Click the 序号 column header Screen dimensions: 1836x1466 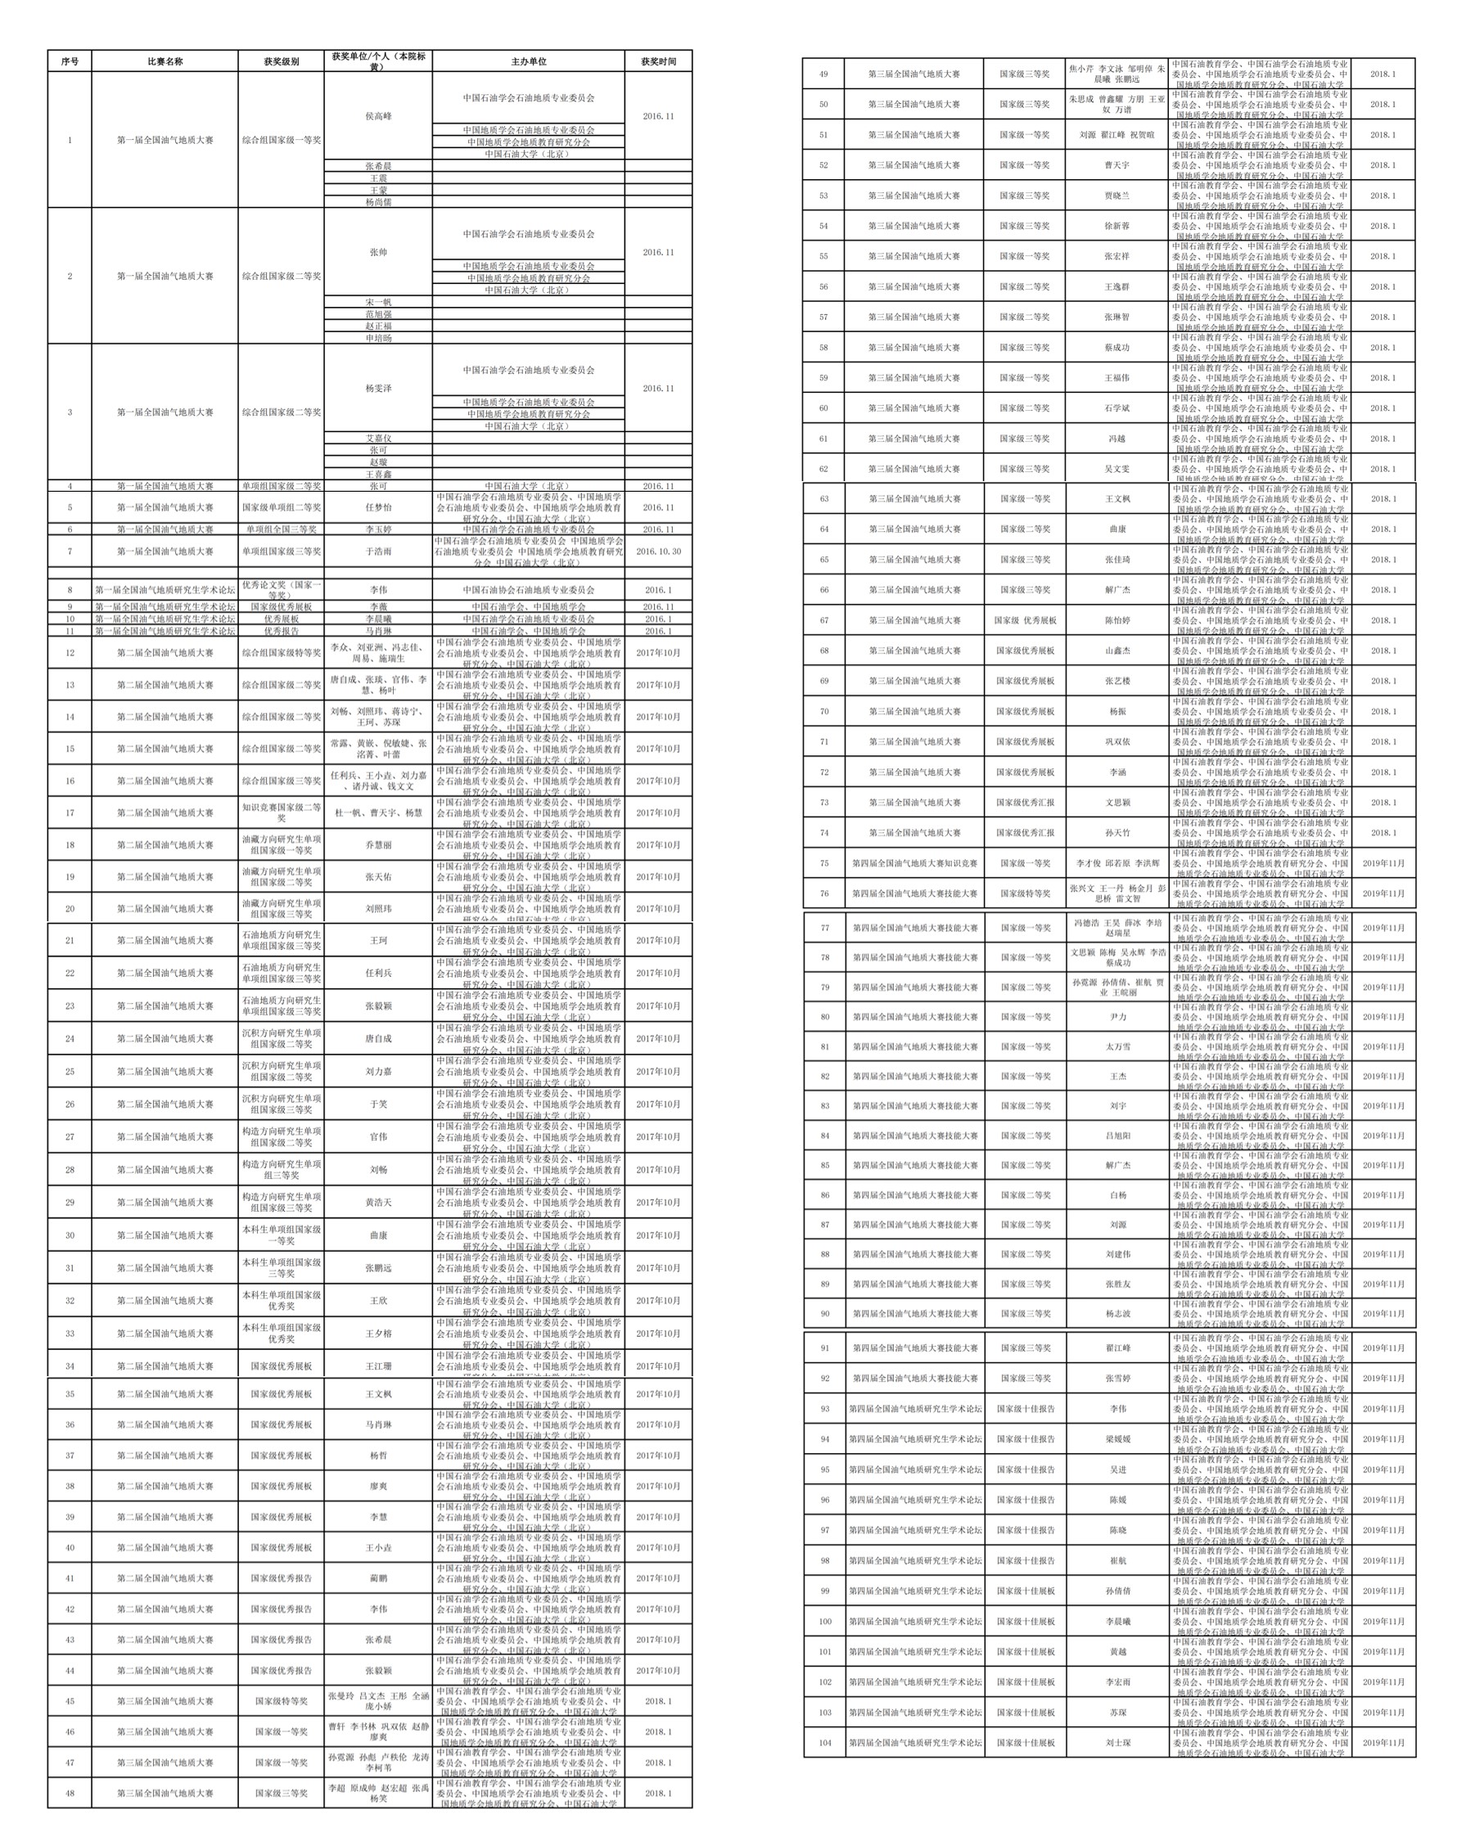(70, 61)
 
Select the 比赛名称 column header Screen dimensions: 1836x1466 (165, 61)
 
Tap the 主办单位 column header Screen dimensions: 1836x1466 (528, 61)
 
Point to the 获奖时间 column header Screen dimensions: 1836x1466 (657, 61)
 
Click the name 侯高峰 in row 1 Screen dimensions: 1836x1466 (378, 116)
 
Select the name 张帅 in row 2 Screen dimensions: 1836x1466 (378, 252)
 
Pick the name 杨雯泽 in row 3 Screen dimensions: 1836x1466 (378, 389)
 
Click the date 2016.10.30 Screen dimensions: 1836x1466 (657, 551)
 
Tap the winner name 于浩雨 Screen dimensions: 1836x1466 (378, 551)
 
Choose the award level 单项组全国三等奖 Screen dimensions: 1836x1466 (281, 529)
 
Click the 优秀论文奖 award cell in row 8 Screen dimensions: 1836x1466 (281, 589)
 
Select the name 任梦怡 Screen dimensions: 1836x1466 (378, 507)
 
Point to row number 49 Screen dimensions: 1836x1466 (823, 74)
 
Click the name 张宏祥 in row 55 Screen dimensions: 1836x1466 (1116, 256)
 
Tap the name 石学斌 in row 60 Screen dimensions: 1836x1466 (1116, 408)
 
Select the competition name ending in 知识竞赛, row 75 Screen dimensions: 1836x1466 (914, 862)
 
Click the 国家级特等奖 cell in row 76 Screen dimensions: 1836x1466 (1024, 893)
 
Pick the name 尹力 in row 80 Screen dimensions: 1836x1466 (1117, 1017)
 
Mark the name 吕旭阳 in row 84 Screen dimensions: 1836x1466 (1117, 1135)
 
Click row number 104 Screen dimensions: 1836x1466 (823, 1743)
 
